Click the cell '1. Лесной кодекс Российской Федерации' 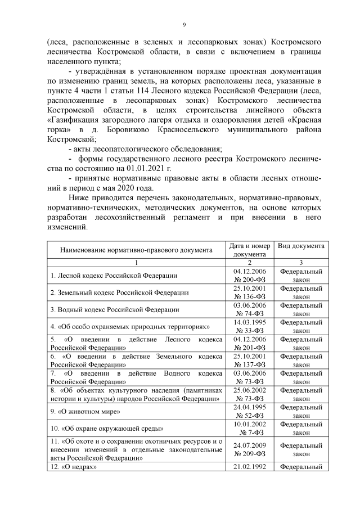click(114, 276)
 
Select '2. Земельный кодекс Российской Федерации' click(119, 292)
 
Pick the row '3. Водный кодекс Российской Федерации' click(115, 309)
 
